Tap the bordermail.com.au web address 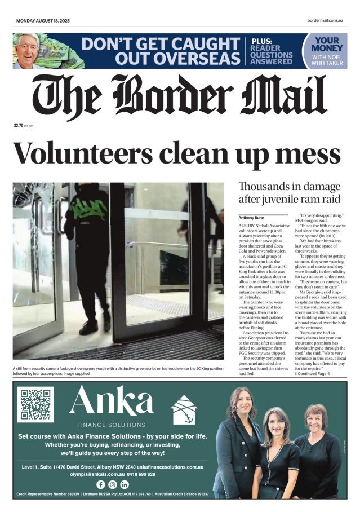325,21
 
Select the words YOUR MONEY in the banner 326,45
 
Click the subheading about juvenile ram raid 289,193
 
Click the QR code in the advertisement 35,404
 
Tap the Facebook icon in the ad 101,484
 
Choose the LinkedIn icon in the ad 125,484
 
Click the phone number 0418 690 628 139,475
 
